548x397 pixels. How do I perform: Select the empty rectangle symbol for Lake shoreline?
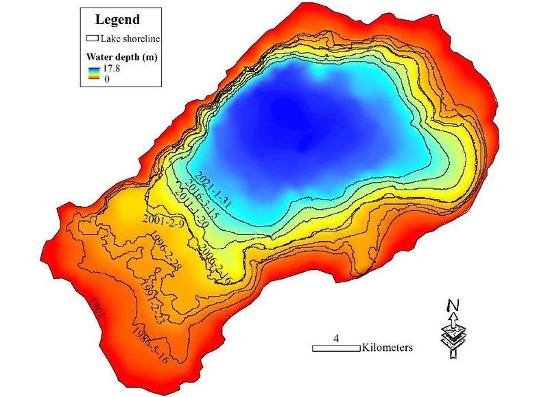pyautogui.click(x=93, y=38)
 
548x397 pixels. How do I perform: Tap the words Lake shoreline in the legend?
pyautogui.click(x=129, y=38)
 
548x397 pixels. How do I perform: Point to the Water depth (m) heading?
pyautogui.click(x=121, y=57)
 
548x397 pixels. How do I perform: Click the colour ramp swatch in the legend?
pyautogui.click(x=93, y=74)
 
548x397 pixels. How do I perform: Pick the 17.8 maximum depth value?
pyautogui.click(x=110, y=69)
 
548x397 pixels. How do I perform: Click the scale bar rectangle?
pyautogui.click(x=336, y=349)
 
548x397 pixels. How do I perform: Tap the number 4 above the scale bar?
pyautogui.click(x=336, y=339)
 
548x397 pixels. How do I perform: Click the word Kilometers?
pyautogui.click(x=388, y=348)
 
